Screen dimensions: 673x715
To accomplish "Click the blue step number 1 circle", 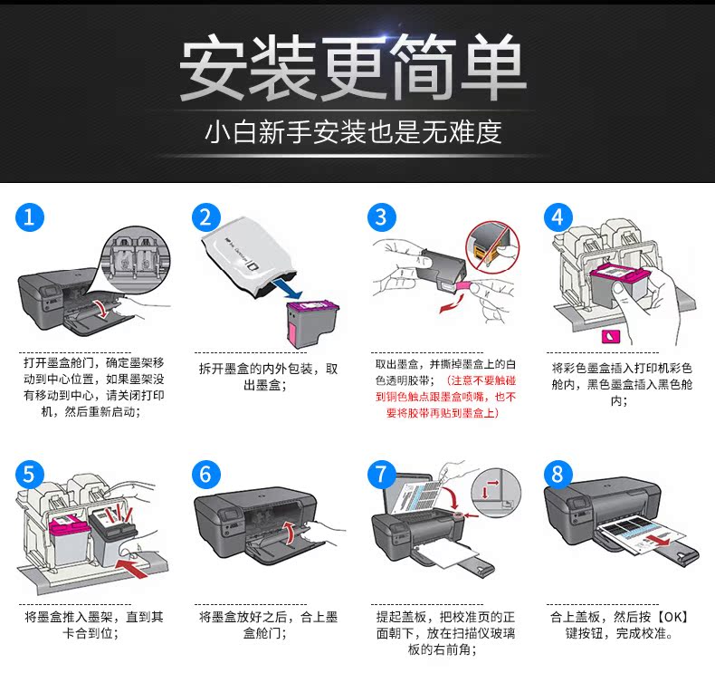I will click(x=30, y=217).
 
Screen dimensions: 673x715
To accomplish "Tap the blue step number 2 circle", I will click(x=207, y=217).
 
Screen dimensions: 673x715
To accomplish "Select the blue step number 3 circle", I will click(x=382, y=217).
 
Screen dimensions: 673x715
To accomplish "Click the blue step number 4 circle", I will click(x=558, y=217).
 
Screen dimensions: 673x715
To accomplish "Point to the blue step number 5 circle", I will click(x=30, y=475).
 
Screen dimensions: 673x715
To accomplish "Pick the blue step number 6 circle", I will click(x=207, y=475).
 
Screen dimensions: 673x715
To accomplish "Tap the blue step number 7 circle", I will click(x=382, y=475).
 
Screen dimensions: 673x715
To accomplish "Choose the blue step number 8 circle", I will click(x=558, y=475).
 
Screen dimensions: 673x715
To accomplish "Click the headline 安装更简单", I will click(x=354, y=69).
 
